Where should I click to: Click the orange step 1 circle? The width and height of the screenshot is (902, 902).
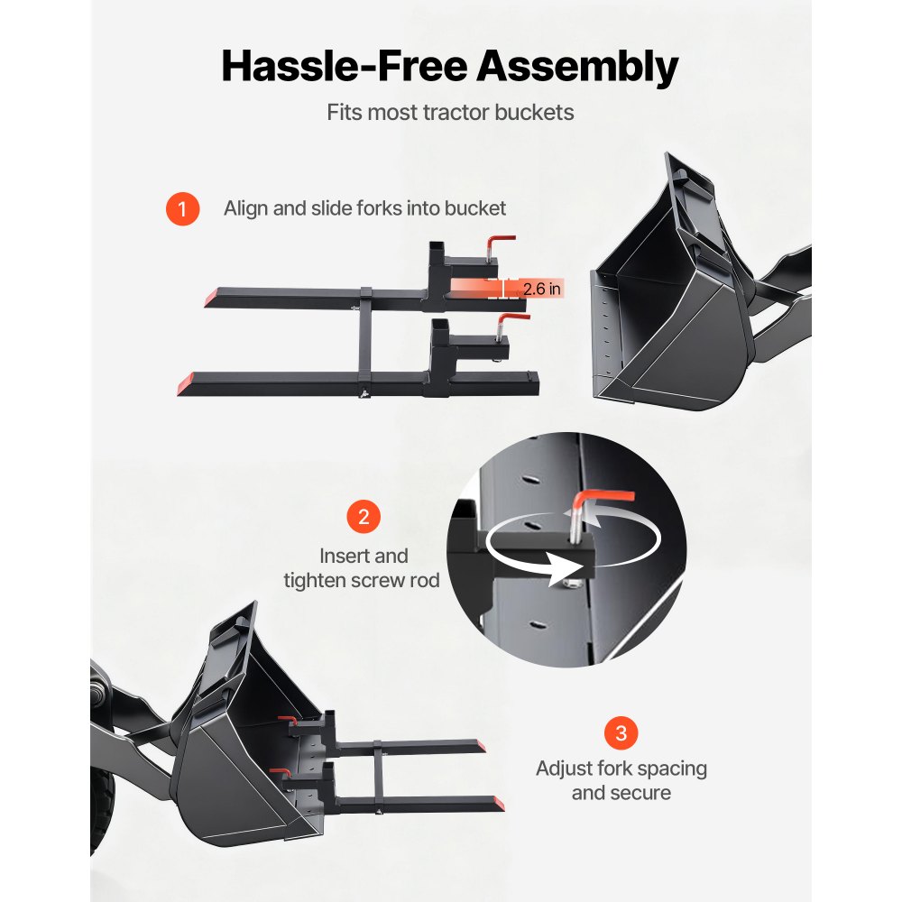[182, 209]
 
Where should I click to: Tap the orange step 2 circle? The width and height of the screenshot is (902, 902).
[363, 517]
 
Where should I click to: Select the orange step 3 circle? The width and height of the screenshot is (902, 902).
[621, 732]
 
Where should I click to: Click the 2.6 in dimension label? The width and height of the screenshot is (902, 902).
[542, 289]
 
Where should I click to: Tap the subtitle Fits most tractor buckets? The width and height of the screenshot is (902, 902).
[450, 114]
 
